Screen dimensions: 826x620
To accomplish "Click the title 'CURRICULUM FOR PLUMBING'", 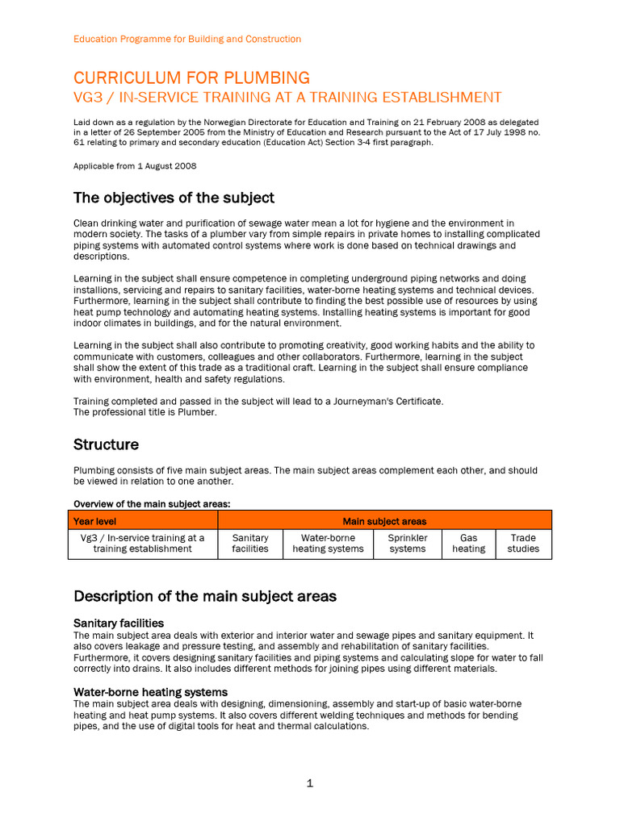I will [191, 78].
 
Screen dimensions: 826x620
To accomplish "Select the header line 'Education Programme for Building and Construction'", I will [187, 39].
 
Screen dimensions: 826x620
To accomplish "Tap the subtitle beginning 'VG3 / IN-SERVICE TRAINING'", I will [287, 98].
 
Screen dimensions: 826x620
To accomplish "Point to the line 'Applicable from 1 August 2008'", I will [135, 166].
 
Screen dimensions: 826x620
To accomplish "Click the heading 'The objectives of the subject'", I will [174, 198].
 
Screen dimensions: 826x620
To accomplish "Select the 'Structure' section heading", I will [106, 444].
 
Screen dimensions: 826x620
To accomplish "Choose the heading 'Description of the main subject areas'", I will [205, 596].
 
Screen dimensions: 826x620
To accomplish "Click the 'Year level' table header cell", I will [94, 521].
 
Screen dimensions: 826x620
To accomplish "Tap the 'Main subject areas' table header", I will [384, 521].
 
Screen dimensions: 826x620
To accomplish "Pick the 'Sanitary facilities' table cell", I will [250, 543].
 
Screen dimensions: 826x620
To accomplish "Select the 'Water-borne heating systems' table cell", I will [328, 543].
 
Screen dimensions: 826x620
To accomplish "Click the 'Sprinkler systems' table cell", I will [408, 543].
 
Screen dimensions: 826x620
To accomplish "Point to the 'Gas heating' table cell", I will [468, 543].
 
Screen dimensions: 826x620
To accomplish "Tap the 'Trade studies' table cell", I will [523, 543].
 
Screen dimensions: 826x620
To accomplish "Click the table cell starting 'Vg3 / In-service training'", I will [143, 543].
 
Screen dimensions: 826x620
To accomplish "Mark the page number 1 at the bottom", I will [309, 783].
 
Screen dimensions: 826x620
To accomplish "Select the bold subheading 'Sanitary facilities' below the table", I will [119, 624].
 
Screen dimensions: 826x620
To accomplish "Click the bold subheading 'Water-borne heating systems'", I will [150, 692].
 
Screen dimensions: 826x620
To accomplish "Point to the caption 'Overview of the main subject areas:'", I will [152, 504].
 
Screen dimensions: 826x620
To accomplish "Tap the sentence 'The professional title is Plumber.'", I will [145, 412].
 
